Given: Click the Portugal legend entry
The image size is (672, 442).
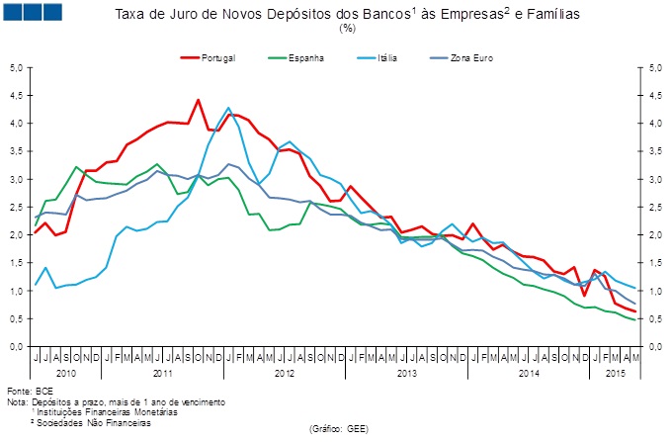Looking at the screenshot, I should [218, 58].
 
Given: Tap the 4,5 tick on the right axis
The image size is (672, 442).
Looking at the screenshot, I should [653, 96].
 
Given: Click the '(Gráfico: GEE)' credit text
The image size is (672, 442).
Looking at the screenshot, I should [339, 431].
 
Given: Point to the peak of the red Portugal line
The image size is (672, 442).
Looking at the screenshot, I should [199, 100].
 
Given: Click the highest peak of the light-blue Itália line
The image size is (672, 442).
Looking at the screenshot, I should [229, 108].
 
